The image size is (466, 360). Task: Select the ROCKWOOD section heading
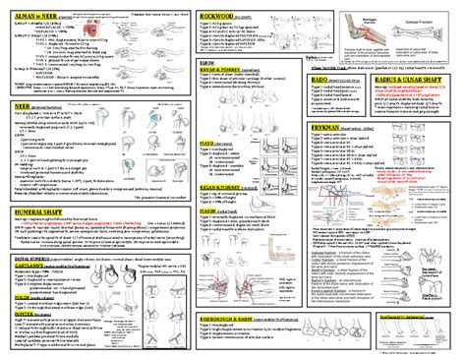218,17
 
